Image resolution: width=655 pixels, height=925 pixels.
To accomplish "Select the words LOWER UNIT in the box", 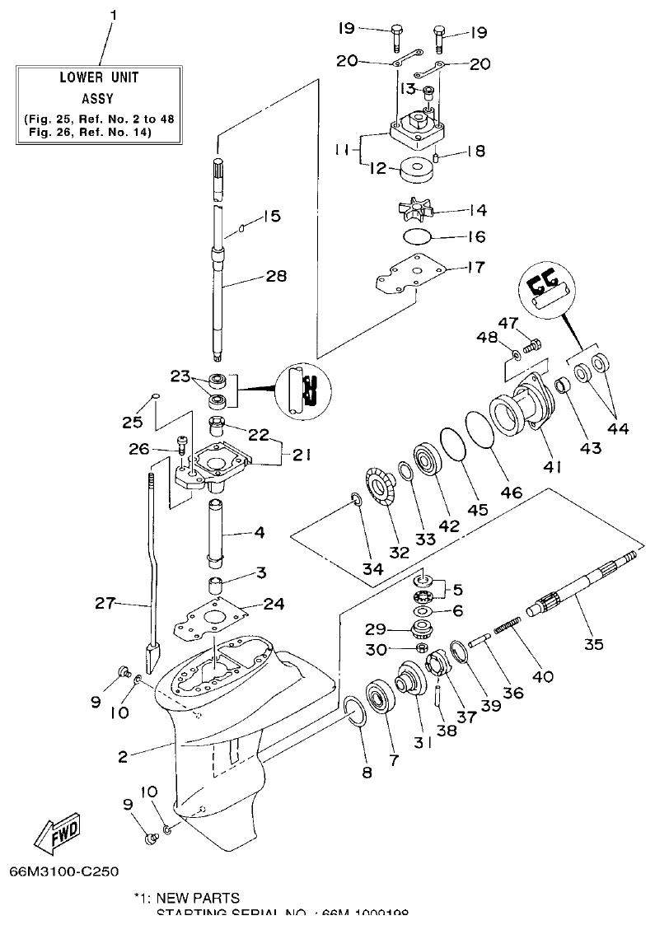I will (99, 78).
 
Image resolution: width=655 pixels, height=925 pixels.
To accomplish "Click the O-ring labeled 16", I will (419, 237).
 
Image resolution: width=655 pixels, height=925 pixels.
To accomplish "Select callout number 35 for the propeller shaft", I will (593, 644).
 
